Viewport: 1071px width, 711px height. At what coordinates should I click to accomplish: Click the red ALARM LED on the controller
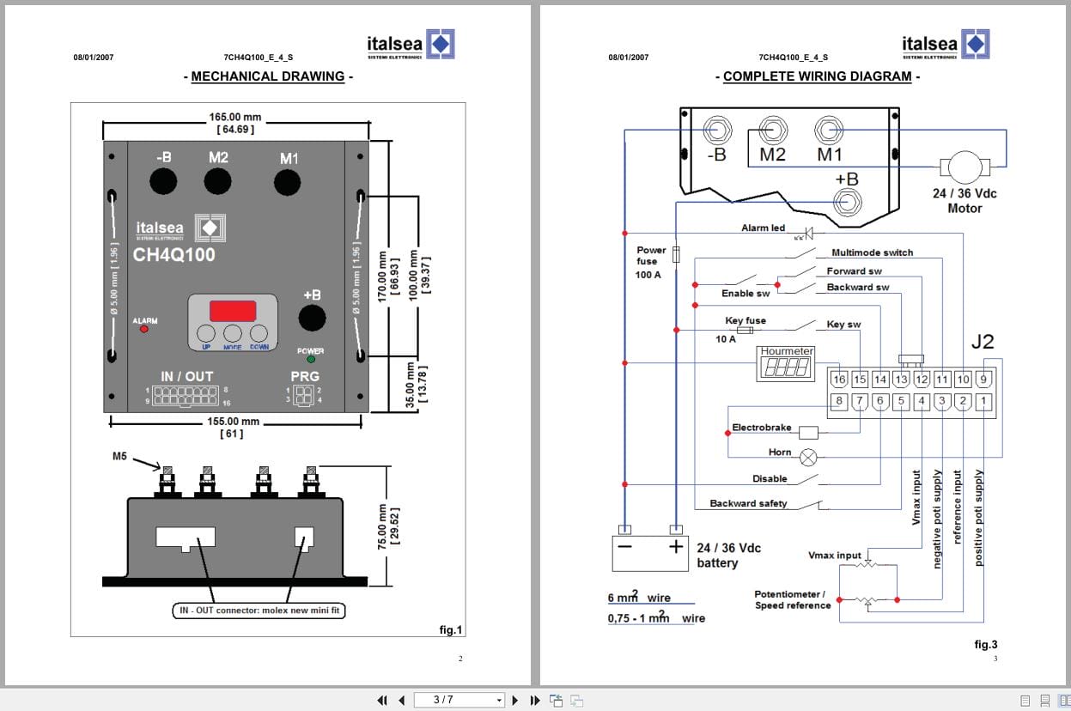click(x=143, y=329)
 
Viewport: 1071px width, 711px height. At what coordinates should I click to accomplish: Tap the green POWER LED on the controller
click(x=310, y=360)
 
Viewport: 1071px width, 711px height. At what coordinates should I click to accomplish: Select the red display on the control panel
click(x=232, y=311)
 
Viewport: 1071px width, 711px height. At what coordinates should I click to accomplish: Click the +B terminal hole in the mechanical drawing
click(x=312, y=318)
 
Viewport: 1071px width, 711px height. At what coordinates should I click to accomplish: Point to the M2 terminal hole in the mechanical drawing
click(x=217, y=180)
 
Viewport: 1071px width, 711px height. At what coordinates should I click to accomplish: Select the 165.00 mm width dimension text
click(x=235, y=117)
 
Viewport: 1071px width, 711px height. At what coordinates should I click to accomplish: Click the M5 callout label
click(x=120, y=456)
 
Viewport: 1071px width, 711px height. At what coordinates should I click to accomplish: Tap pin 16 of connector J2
click(x=839, y=380)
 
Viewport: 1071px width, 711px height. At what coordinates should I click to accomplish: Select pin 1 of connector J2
click(x=983, y=401)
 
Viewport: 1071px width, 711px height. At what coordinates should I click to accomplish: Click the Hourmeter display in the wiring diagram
click(x=787, y=367)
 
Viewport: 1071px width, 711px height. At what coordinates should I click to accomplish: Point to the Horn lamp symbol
click(x=808, y=457)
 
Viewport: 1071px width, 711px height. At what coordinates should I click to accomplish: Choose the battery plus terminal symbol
click(x=677, y=547)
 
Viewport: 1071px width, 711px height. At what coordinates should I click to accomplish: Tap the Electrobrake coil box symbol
click(x=808, y=433)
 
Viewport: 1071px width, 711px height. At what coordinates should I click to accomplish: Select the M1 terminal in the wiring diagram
click(x=829, y=131)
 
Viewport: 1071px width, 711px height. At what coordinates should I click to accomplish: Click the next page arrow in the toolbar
click(x=515, y=700)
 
